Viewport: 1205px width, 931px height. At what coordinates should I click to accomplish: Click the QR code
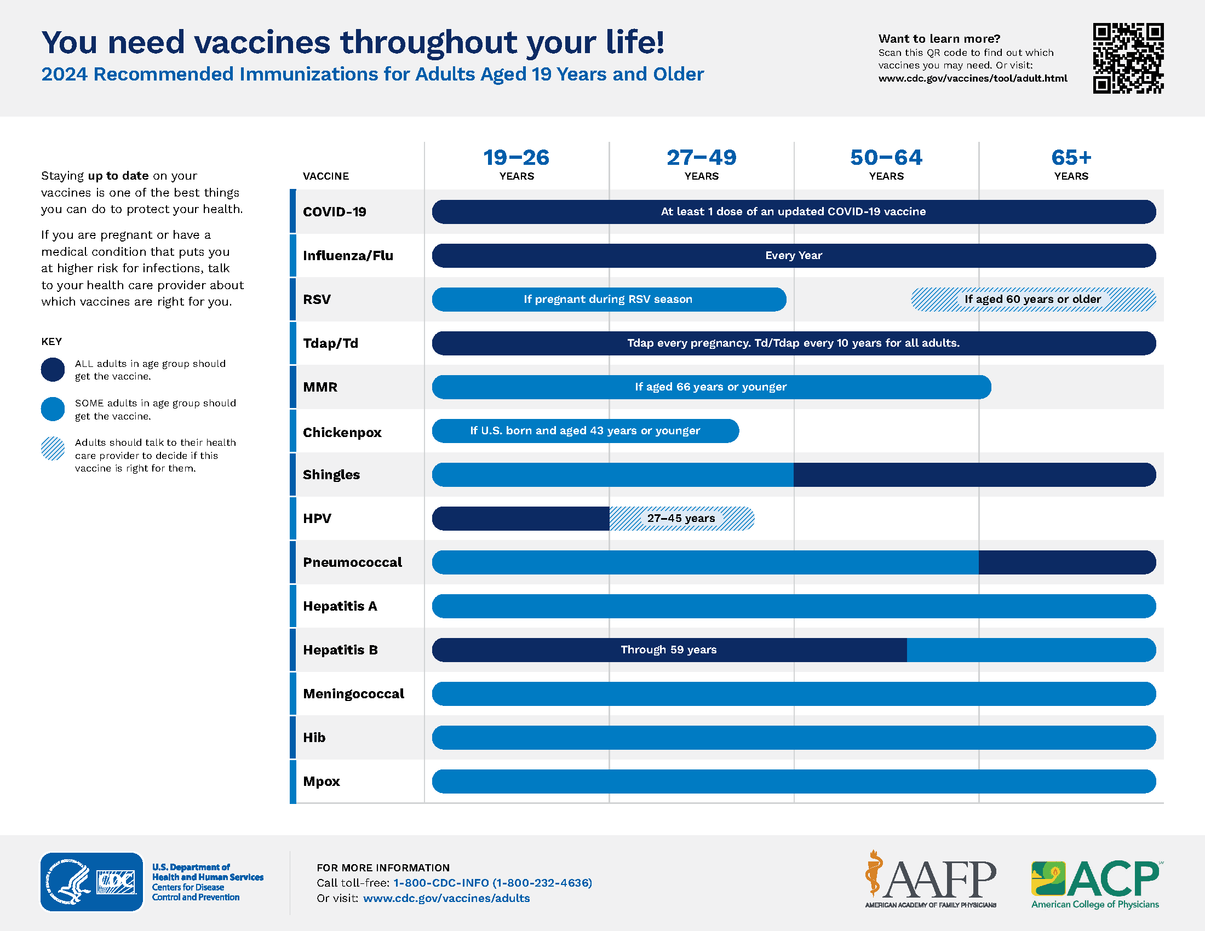pos(1128,58)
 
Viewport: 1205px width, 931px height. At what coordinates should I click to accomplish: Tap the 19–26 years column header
pos(517,164)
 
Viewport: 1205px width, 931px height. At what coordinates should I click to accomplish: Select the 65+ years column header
pos(1071,164)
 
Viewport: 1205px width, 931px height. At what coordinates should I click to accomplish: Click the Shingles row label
pos(331,474)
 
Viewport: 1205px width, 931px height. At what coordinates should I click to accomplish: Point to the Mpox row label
pos(321,781)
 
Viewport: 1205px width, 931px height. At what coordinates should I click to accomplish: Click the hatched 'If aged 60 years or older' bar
pos(1033,300)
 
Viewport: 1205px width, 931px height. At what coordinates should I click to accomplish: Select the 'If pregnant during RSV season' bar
pos(609,300)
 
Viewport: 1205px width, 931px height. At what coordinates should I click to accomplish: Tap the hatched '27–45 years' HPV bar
pos(682,519)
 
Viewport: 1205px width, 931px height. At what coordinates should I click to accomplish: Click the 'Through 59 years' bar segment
pos(669,650)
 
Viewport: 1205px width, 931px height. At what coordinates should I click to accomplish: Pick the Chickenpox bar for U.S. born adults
pos(586,431)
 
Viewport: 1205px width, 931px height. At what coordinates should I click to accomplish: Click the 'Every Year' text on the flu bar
pos(794,255)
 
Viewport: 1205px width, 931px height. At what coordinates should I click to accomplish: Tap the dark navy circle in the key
pos(53,370)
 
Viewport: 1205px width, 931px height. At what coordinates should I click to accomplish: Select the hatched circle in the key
pos(53,449)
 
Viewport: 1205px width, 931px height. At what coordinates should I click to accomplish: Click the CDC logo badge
pos(91,881)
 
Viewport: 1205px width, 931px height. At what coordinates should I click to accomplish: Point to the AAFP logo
pos(931,880)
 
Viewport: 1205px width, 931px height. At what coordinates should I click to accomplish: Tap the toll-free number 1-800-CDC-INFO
pos(493,882)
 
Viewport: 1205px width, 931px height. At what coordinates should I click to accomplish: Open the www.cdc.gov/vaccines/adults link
pos(446,898)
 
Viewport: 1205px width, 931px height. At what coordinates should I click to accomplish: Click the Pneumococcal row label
pos(352,562)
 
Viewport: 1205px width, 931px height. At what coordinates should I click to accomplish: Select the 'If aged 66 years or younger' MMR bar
pos(711,387)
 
